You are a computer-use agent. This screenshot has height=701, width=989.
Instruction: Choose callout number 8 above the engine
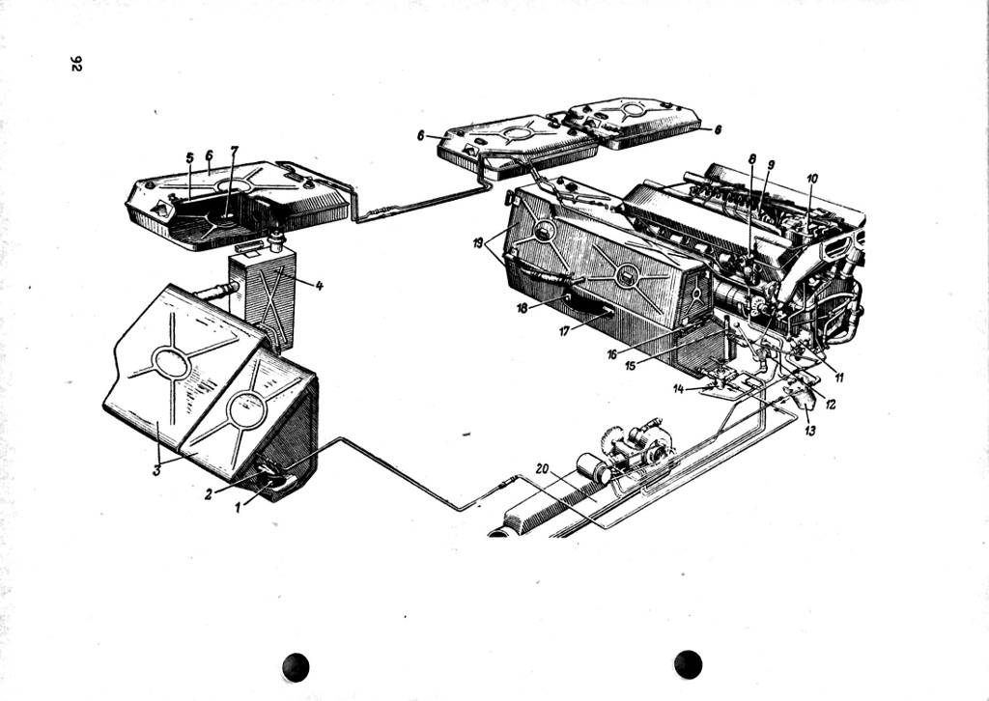tap(751, 158)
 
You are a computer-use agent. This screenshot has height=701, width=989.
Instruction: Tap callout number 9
tap(771, 165)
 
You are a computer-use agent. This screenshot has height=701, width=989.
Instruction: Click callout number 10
tap(812, 179)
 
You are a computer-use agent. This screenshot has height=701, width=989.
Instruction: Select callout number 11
tap(839, 378)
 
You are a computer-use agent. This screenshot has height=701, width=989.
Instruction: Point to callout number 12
tap(831, 405)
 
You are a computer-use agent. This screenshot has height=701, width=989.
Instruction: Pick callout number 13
tap(810, 431)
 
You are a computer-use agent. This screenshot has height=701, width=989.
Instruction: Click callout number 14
tap(679, 388)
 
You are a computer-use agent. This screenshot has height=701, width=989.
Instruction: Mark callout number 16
tap(612, 354)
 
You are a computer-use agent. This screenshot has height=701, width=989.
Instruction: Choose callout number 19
tap(478, 243)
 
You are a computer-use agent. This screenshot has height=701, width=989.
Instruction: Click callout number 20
tap(542, 468)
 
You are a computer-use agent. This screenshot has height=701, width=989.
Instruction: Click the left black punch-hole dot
tap(296, 666)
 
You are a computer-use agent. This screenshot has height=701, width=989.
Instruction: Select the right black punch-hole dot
tap(688, 664)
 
